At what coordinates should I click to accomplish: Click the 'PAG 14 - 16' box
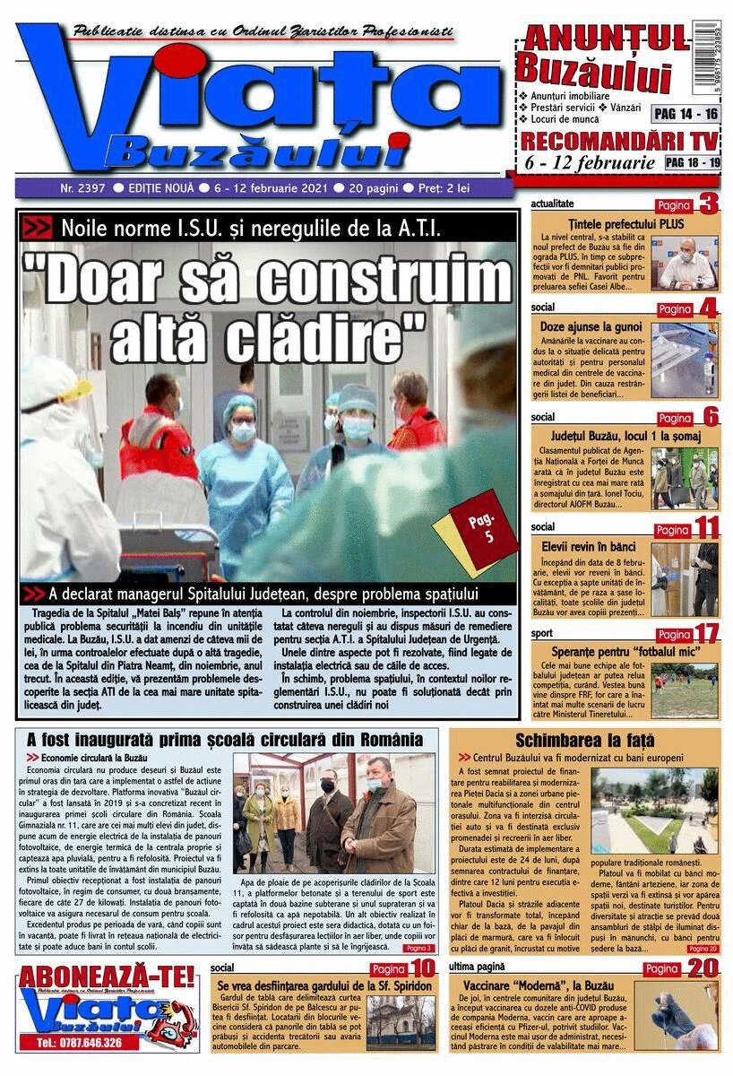click(686, 114)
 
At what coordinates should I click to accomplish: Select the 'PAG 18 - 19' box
click(693, 162)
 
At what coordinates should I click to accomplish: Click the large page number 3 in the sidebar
click(709, 204)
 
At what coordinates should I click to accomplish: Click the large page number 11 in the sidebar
click(706, 526)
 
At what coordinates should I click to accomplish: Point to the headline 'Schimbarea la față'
click(585, 741)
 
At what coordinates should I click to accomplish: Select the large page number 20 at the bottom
click(703, 968)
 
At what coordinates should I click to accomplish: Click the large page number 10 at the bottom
click(421, 968)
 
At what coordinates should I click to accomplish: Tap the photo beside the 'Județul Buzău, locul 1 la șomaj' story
click(685, 478)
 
